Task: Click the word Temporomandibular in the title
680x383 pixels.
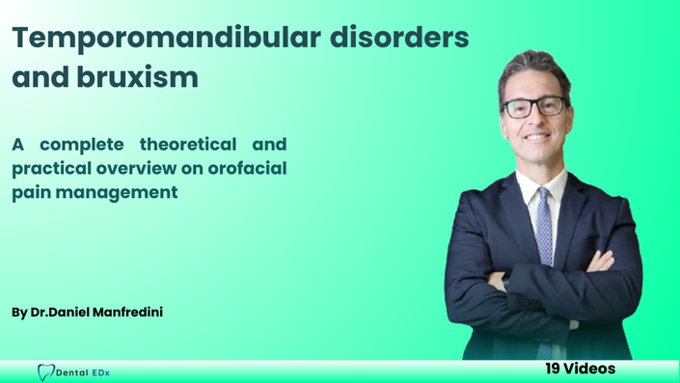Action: (x=167, y=39)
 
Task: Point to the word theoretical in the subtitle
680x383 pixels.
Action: (x=188, y=144)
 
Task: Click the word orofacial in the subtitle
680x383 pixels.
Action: (x=247, y=168)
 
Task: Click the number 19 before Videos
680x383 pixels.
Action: (x=553, y=369)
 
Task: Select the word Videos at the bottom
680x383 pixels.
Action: (x=589, y=369)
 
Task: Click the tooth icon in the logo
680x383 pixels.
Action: (x=46, y=372)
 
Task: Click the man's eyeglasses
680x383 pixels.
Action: (x=533, y=107)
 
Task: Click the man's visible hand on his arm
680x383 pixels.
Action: (x=601, y=261)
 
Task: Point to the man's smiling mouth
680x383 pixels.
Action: (x=537, y=137)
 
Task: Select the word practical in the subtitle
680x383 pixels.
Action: (x=51, y=169)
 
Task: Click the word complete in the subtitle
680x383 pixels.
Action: (x=82, y=145)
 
